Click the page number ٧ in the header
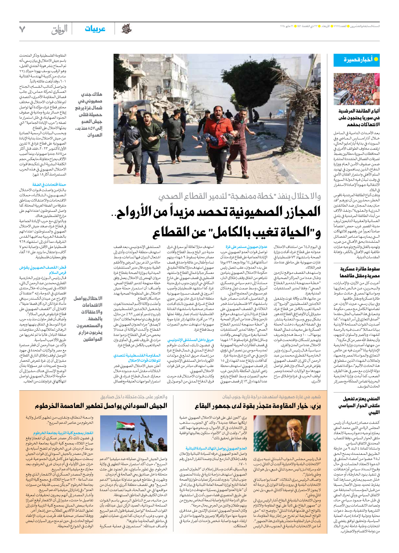point(22,29)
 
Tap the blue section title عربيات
point(95,29)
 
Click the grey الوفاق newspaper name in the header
point(59,30)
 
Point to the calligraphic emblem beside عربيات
point(126,29)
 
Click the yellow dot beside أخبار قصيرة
point(376,59)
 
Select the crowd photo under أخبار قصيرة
point(357,89)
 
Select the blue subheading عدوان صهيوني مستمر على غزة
point(246,247)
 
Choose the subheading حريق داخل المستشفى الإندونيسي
point(191,340)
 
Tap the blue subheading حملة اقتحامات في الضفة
point(49,185)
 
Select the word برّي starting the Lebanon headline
point(315,406)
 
